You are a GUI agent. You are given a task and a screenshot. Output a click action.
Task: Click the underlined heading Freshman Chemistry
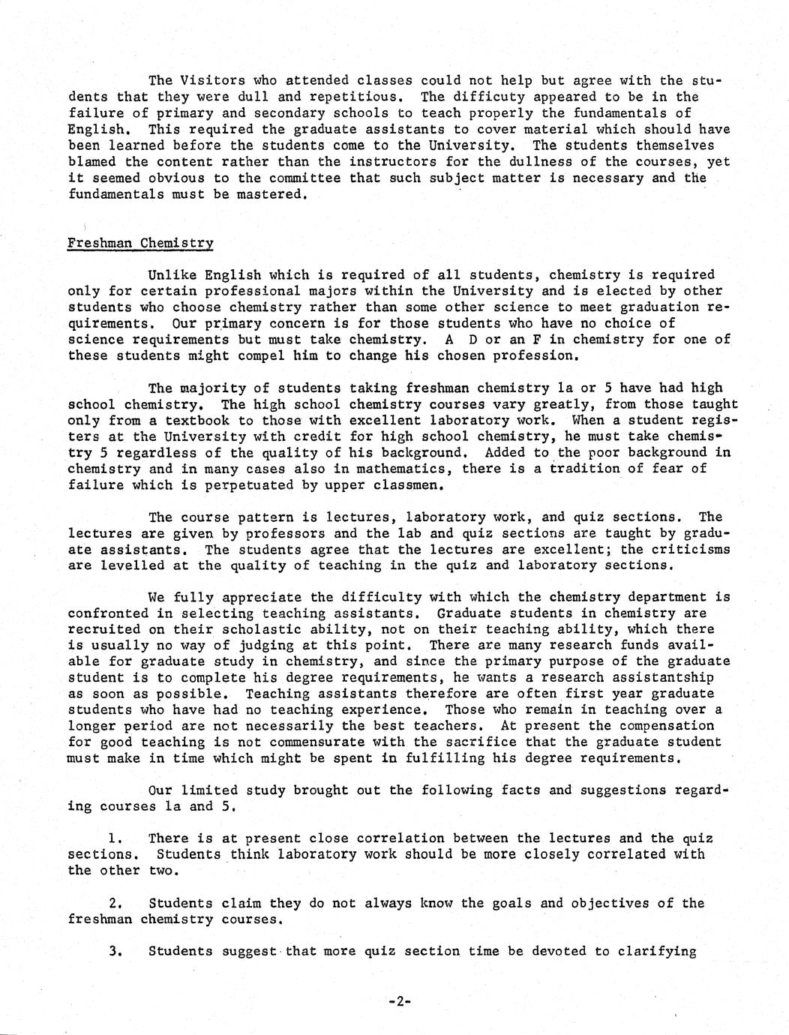[x=140, y=243]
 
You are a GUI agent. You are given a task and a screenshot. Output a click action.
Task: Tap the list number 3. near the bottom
[x=115, y=951]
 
